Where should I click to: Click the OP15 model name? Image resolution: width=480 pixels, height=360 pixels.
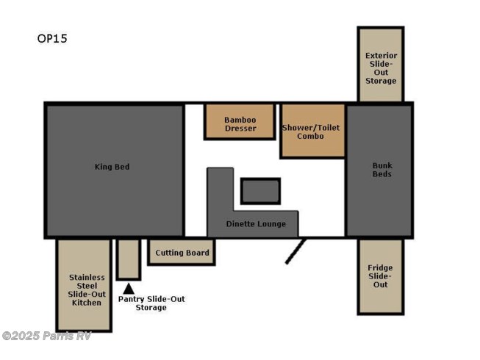[52, 38]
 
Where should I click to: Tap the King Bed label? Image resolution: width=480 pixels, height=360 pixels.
[112, 167]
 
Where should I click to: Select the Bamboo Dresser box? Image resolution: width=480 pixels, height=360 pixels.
[240, 122]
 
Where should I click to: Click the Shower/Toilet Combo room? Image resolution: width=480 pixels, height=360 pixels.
[312, 131]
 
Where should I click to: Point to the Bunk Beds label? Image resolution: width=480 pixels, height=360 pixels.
[382, 170]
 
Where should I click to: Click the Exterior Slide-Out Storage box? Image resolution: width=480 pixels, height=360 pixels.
[381, 65]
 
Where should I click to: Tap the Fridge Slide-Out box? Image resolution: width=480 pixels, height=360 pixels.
[381, 276]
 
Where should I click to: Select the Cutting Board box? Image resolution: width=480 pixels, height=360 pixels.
[182, 252]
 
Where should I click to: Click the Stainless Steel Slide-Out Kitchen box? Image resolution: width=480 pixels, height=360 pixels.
[84, 285]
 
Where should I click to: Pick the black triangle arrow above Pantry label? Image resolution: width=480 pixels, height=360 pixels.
[129, 289]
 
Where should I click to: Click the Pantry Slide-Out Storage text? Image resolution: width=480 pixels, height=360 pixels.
[151, 303]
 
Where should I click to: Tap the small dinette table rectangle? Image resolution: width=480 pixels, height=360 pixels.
[260, 191]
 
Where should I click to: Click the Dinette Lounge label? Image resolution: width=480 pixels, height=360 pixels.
[256, 224]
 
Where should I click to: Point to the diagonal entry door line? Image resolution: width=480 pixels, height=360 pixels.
[295, 251]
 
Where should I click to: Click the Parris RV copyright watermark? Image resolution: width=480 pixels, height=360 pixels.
[46, 336]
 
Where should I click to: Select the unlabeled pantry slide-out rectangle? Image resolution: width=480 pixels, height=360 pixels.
[129, 259]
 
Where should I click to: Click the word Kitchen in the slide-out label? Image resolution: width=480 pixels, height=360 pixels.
[87, 303]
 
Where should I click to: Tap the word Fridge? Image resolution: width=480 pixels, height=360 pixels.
[380, 268]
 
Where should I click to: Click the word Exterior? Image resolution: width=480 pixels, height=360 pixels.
[381, 56]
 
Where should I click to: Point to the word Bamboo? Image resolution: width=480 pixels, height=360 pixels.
[240, 120]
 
